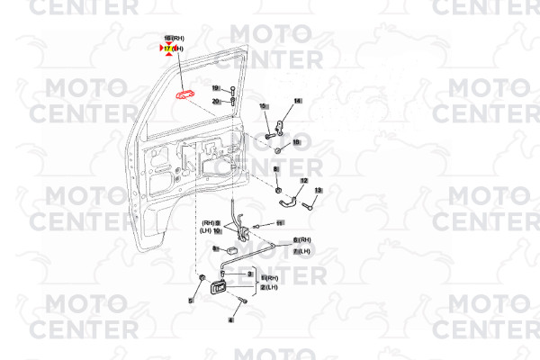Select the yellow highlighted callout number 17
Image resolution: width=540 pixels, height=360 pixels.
(167, 48)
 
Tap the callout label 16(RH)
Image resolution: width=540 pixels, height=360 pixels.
(173, 38)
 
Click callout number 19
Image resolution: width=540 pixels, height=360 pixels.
(216, 88)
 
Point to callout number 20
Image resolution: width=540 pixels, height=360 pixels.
(216, 102)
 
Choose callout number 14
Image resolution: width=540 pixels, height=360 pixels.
(297, 100)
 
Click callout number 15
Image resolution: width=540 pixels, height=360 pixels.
(265, 106)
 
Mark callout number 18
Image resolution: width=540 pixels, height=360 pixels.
(296, 142)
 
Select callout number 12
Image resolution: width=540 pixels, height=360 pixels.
(303, 181)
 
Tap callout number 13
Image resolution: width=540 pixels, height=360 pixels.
(318, 190)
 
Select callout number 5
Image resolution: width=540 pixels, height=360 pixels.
(191, 301)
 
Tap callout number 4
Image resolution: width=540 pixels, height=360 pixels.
(230, 319)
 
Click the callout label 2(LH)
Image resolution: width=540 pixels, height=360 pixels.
(269, 287)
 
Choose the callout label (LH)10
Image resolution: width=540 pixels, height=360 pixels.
(211, 231)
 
